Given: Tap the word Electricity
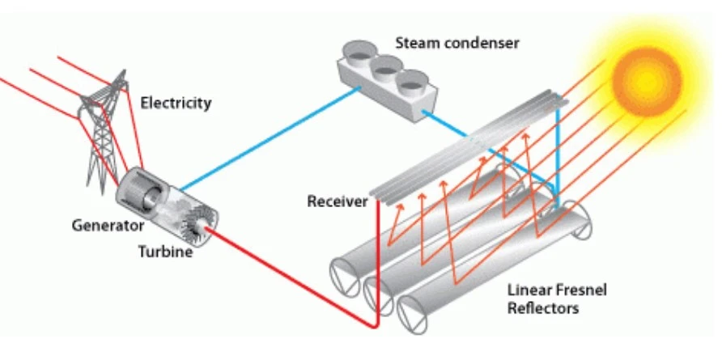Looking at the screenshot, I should tap(176, 103).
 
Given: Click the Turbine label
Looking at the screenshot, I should tap(165, 252).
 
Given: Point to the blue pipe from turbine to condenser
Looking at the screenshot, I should tap(267, 142).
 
